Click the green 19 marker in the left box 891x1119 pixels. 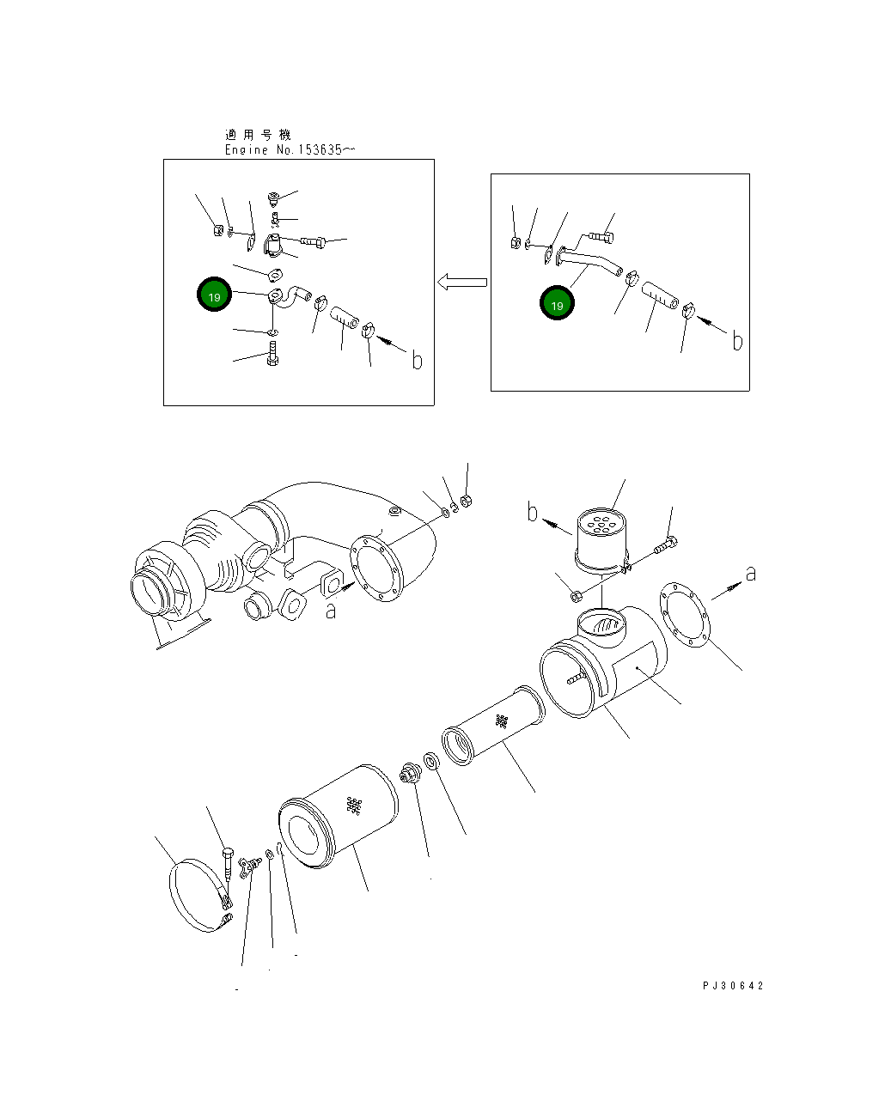(x=214, y=295)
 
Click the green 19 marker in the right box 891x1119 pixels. (x=557, y=303)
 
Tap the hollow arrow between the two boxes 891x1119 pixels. (x=462, y=283)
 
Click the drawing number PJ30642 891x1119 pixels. (x=733, y=985)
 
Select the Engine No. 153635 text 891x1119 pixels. (x=290, y=149)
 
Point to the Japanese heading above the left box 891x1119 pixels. (x=258, y=135)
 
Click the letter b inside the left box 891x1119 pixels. (x=417, y=360)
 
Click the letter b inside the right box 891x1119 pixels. (x=737, y=341)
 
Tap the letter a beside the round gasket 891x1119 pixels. (x=750, y=574)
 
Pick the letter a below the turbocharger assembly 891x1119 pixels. (x=331, y=611)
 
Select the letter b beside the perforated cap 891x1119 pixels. (x=532, y=511)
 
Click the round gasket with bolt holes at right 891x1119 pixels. (x=685, y=615)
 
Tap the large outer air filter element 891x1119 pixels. (x=339, y=817)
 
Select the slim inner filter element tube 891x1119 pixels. (x=493, y=726)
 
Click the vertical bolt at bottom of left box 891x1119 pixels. (x=272, y=354)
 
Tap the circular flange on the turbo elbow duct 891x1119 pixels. (x=376, y=569)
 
